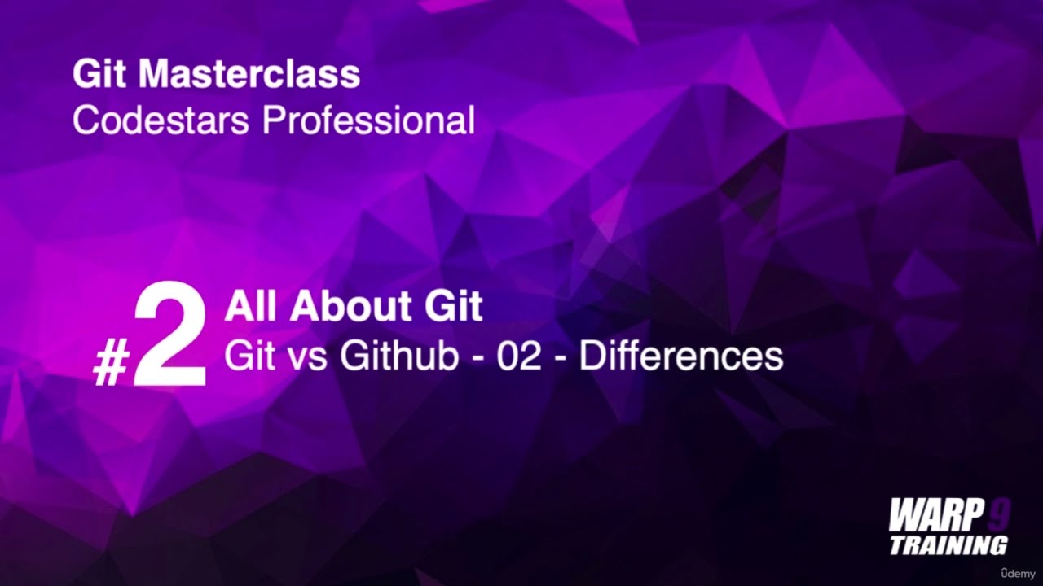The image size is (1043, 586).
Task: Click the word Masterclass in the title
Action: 249,75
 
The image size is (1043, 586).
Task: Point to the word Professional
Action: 367,120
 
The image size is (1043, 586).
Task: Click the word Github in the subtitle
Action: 399,356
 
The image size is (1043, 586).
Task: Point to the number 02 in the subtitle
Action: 519,356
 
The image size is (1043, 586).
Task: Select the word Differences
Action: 681,356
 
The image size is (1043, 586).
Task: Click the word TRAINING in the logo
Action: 948,544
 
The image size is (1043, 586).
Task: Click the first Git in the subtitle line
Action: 249,356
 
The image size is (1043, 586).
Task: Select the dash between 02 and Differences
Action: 561,359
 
